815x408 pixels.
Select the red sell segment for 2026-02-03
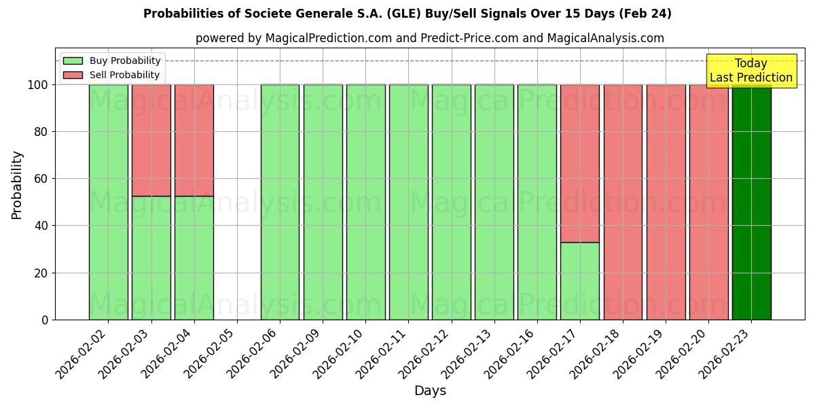pyautogui.click(x=151, y=140)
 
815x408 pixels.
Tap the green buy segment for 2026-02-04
pyautogui.click(x=194, y=258)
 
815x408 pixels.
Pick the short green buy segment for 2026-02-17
pyautogui.click(x=580, y=281)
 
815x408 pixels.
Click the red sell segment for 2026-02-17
pyautogui.click(x=580, y=163)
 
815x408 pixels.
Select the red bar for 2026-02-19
pyautogui.click(x=666, y=202)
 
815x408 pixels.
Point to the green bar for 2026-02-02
pyautogui.click(x=109, y=202)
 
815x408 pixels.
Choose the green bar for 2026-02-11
pyautogui.click(x=409, y=202)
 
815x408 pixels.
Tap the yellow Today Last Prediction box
pyautogui.click(x=751, y=71)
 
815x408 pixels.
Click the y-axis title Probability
pyautogui.click(x=18, y=184)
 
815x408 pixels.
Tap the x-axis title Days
pyautogui.click(x=430, y=391)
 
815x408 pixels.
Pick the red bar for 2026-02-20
pyautogui.click(x=708, y=202)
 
